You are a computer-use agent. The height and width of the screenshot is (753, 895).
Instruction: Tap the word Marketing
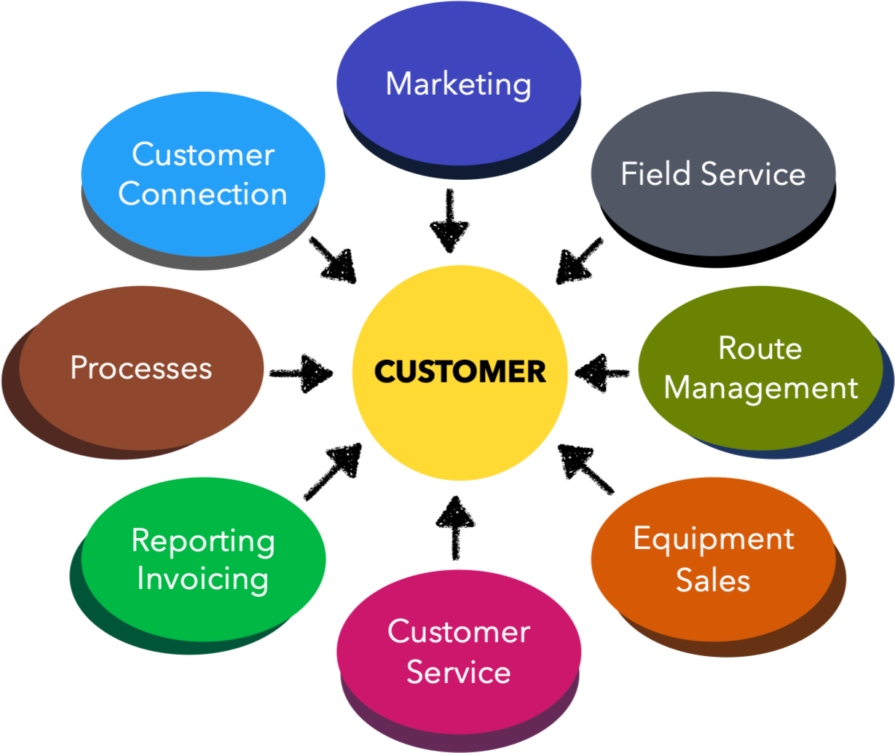coord(459,84)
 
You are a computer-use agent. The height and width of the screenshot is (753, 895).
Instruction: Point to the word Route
coord(760,348)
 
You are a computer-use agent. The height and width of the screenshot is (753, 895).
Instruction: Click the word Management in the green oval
coord(761,387)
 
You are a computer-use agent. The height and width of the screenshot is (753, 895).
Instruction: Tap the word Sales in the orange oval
coord(713,580)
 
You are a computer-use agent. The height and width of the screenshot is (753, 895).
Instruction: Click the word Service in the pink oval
coord(459,671)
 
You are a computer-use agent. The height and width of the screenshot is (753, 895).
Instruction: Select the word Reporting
coord(203,541)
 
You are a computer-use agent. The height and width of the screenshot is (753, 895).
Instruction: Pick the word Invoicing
coord(203,580)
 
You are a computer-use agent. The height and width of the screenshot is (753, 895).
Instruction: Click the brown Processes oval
coord(141,408)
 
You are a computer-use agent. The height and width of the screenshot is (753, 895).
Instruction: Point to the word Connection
coord(203,194)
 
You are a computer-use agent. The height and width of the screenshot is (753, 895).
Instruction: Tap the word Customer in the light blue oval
coord(203,154)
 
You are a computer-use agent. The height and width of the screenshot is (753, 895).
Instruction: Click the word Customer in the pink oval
coord(459,631)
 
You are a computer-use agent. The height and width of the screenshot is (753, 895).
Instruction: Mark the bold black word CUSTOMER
coord(460,372)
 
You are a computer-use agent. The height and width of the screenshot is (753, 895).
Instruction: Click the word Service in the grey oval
coord(753,174)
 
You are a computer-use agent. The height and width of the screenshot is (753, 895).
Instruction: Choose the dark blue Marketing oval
coord(459,124)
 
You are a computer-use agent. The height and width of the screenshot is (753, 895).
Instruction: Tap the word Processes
coord(141,368)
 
